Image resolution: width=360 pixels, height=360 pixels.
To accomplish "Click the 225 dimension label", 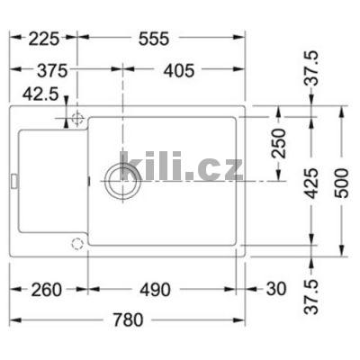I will (36, 39).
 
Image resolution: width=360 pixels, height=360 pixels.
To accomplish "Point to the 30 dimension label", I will (276, 290).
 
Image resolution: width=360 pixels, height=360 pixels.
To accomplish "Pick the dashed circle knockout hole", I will (77, 243).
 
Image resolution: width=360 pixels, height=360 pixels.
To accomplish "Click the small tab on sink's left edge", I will (13, 181).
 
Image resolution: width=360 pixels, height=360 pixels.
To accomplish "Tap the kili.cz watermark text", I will (180, 166).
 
